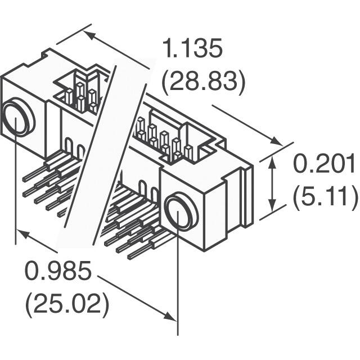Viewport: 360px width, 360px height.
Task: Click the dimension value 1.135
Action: pos(193,49)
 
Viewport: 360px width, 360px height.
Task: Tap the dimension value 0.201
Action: pos(325,165)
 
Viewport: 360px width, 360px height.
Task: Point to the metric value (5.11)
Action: pos(325,197)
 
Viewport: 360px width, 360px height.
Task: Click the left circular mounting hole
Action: pos(17,119)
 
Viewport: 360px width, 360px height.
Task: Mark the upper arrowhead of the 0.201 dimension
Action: pos(273,161)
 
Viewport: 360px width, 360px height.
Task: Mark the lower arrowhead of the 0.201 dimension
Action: pos(273,205)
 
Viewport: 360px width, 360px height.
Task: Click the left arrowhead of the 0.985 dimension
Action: pos(22,233)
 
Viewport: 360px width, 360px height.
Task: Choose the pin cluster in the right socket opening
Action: pos(163,141)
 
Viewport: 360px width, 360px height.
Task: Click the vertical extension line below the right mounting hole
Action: pos(178,281)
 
